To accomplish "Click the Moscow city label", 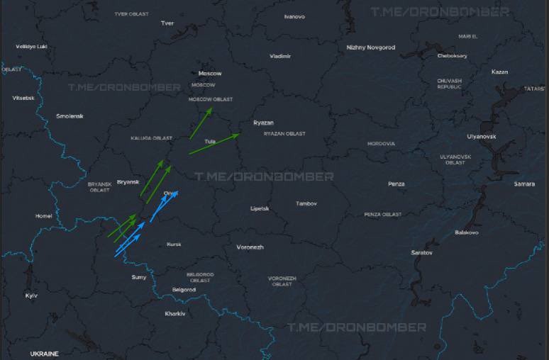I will tap(210, 74).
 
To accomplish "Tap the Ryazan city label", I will tap(263, 123).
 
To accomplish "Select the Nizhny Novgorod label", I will tap(371, 47).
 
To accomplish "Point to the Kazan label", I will tap(499, 72).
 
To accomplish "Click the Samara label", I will tap(524, 184).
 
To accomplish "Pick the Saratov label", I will tap(422, 252).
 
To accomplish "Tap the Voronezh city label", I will tap(250, 247).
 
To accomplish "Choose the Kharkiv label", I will tap(174, 313).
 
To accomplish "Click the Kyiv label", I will tap(31, 295).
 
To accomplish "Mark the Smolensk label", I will tap(70, 116).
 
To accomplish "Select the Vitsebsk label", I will tap(23, 98).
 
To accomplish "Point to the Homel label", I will tap(43, 215).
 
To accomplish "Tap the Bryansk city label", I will tap(128, 181).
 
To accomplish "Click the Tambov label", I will tap(306, 203).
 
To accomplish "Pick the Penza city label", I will tap(396, 184).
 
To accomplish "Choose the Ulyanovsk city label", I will tap(482, 136).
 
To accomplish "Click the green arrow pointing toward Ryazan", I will tap(214, 143).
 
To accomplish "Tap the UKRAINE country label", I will tap(44, 353).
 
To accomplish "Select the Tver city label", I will tap(167, 23).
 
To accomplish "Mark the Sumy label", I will tap(139, 277).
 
